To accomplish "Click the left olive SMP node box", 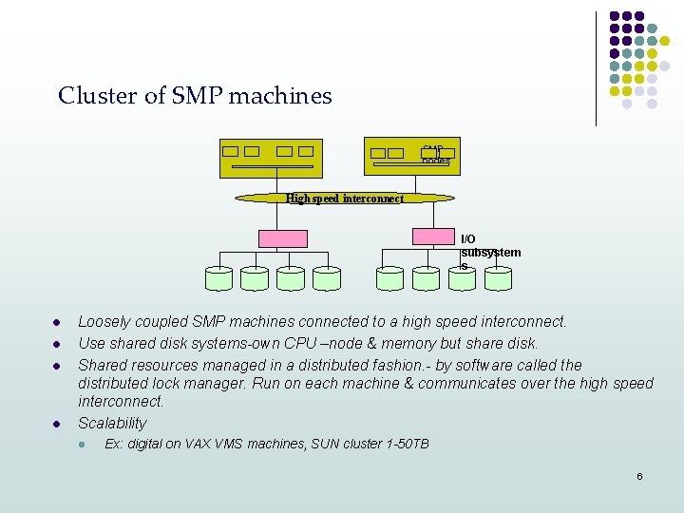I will point(271,159).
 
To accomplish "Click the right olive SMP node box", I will point(408,159).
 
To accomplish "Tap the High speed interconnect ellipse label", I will point(345,199).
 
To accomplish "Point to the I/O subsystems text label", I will point(490,253).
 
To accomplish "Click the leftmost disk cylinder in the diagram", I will point(218,277).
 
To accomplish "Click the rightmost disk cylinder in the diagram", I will point(498,277).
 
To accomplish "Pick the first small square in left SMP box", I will point(230,151).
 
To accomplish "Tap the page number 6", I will point(639,476).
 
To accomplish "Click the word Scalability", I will point(112,424).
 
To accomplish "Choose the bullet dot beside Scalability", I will point(58,424).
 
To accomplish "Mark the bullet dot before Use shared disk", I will point(58,344).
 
